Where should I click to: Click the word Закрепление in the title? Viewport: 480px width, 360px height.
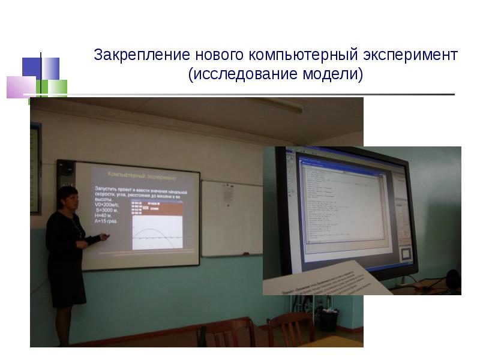(142, 56)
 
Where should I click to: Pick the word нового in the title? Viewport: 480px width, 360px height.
(218, 56)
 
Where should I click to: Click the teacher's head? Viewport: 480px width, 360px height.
(67, 199)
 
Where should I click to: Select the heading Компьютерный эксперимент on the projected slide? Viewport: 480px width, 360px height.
(142, 175)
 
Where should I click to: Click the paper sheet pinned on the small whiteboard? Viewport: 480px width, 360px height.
(228, 193)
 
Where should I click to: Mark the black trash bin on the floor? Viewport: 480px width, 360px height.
(329, 320)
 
